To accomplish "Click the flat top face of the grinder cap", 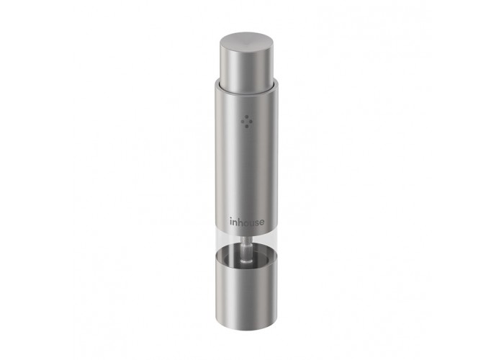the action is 246,42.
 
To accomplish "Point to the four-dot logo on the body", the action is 246,122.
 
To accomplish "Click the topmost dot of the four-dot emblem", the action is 246,117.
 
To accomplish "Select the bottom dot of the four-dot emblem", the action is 246,126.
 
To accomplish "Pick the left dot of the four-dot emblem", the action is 243,122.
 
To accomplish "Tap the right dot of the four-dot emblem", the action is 251,122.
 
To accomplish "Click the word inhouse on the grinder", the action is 247,222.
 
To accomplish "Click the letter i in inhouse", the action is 231,222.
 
